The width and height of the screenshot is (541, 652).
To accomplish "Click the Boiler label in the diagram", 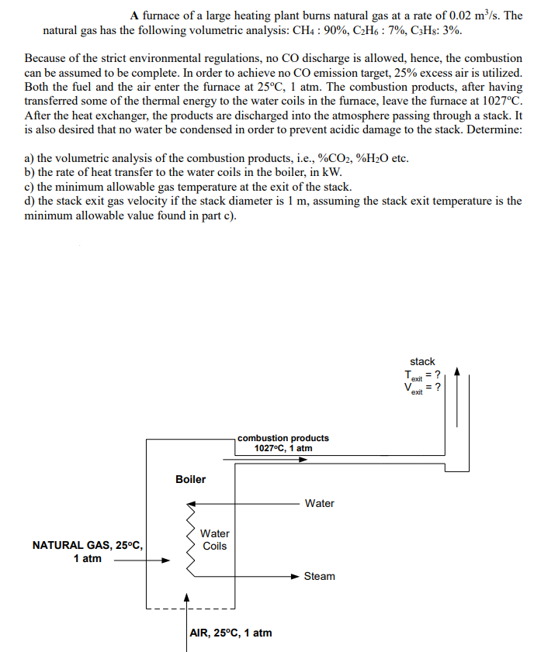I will pos(190,479).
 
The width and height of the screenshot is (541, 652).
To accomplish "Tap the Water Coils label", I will pos(214,540).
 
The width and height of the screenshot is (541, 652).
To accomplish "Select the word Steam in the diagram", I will pos(319,576).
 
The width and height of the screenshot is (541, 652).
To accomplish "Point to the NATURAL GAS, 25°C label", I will pos(87,546).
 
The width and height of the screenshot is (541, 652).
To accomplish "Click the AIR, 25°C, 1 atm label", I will pos(231,633).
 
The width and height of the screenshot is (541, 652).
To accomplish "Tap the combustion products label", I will pos(283,438).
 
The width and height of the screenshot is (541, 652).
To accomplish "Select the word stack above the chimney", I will pos(422,361).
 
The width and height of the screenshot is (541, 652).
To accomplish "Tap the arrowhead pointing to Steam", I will pos(294,576).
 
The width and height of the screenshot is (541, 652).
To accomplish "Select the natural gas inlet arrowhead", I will pos(165,562).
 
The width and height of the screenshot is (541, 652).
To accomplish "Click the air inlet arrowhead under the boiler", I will pos(186,599).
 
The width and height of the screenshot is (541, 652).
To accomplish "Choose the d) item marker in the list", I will pos(30,201).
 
